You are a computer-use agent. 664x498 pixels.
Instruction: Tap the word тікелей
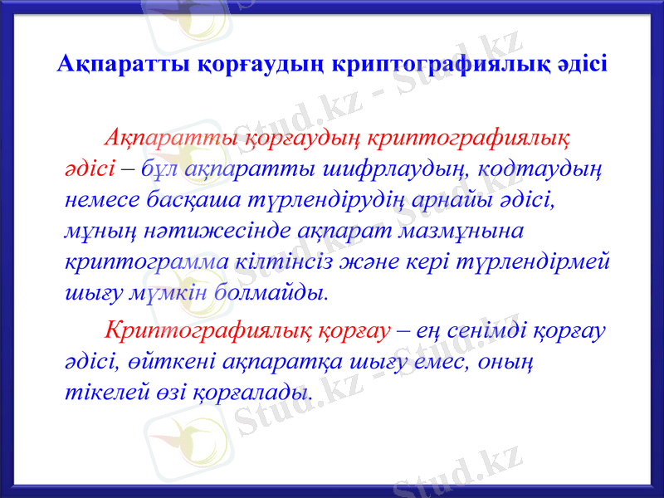point(95,392)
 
